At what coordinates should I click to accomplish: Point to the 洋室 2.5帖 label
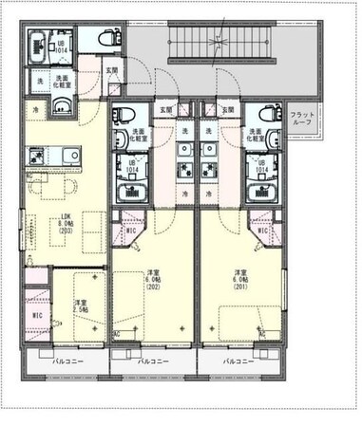(81, 306)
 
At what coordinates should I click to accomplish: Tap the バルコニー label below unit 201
(238, 362)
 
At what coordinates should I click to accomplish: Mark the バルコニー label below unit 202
(152, 362)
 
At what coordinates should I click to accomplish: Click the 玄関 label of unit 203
(112, 70)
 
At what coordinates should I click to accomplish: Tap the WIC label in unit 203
(37, 316)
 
